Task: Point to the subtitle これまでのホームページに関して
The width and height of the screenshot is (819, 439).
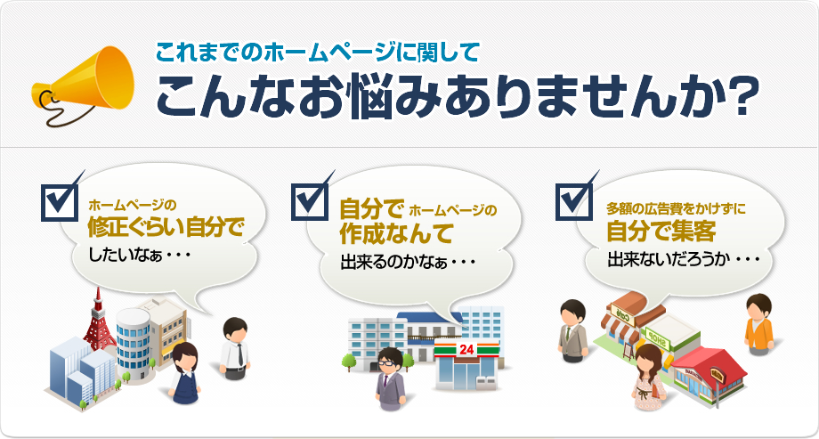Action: click(318, 51)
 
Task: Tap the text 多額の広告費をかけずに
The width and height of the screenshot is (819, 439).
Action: click(676, 208)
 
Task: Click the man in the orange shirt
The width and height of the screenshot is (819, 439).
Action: click(758, 322)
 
